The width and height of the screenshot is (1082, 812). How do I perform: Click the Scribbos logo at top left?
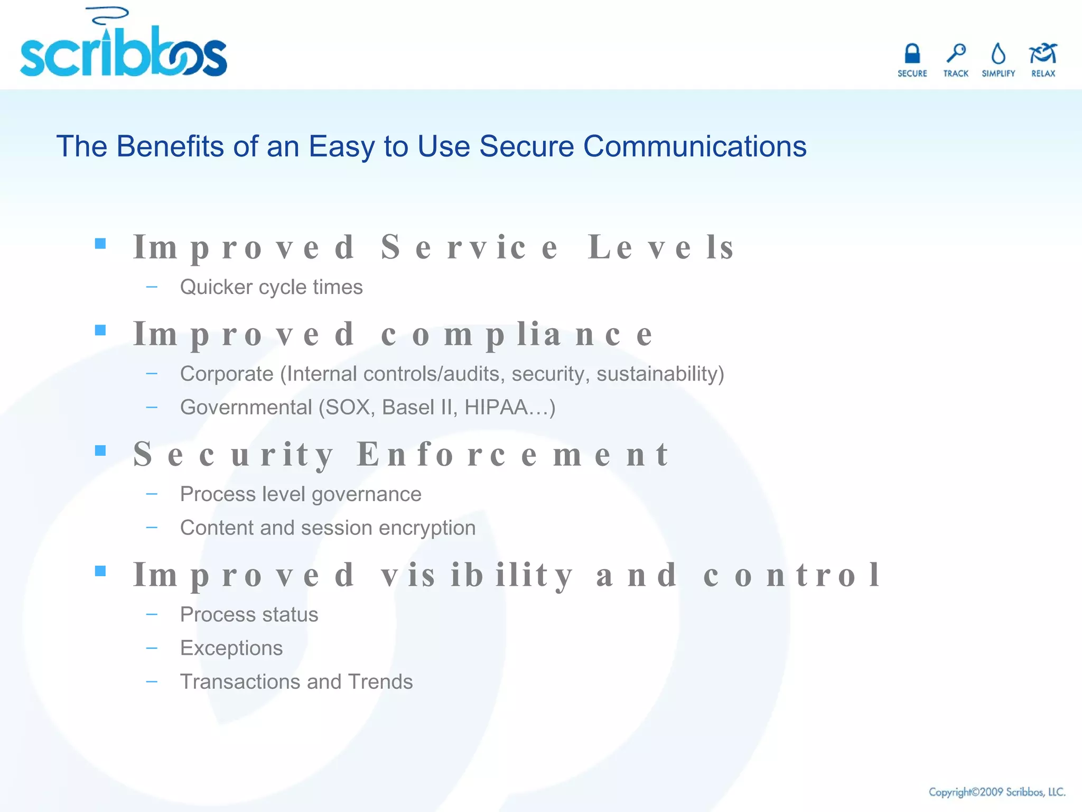point(123,50)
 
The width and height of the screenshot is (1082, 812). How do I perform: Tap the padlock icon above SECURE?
point(912,53)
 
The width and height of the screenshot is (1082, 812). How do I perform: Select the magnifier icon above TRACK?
point(956,53)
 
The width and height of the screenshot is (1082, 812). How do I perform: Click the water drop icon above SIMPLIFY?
point(998,53)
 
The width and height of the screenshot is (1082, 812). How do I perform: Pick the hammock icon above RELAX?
point(1043,53)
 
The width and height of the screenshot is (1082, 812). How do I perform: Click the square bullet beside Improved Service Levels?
point(100,244)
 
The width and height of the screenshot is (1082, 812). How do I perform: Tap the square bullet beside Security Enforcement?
point(100,450)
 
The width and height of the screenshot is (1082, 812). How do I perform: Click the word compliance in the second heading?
point(517,335)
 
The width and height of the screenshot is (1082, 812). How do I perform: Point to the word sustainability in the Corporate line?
point(660,374)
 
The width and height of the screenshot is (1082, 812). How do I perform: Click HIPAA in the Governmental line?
point(496,408)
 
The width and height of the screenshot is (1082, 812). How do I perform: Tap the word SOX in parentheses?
point(347,408)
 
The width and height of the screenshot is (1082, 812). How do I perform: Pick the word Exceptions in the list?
point(231,648)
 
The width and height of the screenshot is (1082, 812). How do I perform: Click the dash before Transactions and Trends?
point(152,681)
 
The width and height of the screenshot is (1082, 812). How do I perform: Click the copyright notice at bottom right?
point(996,792)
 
